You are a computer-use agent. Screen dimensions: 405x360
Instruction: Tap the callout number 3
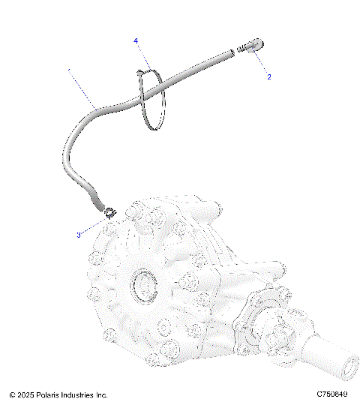pos(78,235)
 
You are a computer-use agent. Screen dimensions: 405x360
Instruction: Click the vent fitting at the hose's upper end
pos(252,46)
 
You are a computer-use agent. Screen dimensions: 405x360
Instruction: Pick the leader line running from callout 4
pos(142,56)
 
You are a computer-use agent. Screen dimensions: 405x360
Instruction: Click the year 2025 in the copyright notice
pos(27,394)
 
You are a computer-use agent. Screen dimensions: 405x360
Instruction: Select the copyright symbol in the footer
pos(12,394)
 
